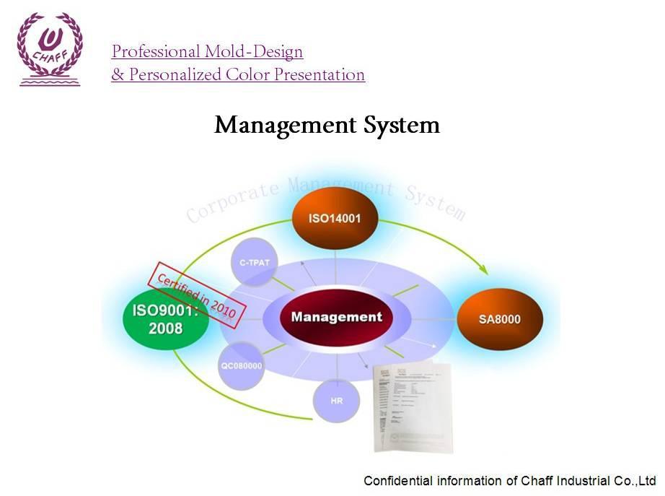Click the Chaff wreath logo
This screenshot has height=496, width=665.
coord(50,48)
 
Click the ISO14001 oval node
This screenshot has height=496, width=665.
coord(335,217)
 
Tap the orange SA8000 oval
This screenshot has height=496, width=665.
coord(500,318)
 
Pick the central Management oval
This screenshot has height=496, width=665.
coord(336,317)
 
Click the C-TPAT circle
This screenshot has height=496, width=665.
coord(254,262)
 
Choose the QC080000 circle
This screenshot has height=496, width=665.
coord(241,365)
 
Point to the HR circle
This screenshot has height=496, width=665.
coord(336,399)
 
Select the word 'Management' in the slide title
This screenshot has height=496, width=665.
coord(276,126)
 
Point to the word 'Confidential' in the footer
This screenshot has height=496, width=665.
coord(399,481)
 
